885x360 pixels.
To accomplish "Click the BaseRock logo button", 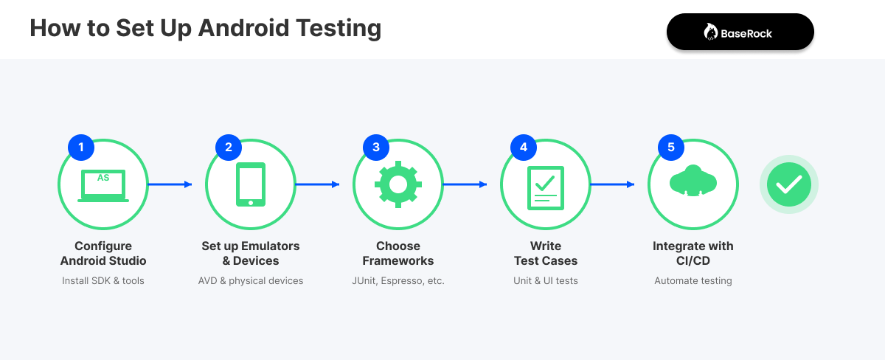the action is [x=740, y=32].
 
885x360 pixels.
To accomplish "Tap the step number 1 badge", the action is [x=81, y=147].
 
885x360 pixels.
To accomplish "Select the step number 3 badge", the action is [x=376, y=147].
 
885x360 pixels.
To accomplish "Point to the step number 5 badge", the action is [x=671, y=147].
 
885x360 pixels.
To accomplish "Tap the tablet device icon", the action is [x=251, y=184].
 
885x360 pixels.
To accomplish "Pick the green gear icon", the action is [x=398, y=184].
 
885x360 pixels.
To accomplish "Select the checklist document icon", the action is [x=546, y=186].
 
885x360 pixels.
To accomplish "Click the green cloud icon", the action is [x=693, y=181].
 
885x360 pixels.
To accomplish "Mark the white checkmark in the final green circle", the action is [x=789, y=184].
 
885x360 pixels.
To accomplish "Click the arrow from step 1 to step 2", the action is [x=170, y=184].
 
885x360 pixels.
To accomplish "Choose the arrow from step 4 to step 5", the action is [x=612, y=184].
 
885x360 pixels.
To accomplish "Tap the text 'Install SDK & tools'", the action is [x=103, y=280].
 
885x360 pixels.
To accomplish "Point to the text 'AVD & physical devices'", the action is [x=251, y=280].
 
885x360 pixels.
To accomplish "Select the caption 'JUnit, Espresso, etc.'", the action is [x=398, y=280].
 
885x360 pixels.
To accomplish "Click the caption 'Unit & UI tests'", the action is [x=546, y=280].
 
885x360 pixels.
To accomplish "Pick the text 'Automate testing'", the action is [x=693, y=280].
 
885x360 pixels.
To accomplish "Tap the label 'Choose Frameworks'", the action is [x=398, y=253].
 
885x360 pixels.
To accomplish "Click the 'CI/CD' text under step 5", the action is [x=693, y=260].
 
